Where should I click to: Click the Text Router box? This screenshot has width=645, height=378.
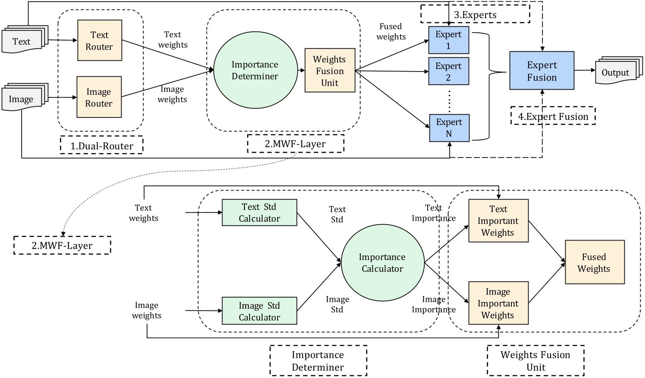[100, 41]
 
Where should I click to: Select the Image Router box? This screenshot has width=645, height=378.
[99, 97]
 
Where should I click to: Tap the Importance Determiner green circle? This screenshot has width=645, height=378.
[255, 70]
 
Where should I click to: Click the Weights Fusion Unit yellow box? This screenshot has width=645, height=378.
[330, 71]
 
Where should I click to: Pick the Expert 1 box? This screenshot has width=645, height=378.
[448, 40]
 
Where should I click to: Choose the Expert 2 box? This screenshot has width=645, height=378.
[448, 72]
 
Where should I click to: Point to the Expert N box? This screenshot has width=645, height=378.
[449, 128]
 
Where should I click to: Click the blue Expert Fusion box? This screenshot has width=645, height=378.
[542, 71]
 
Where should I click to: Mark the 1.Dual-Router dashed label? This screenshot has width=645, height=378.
[102, 146]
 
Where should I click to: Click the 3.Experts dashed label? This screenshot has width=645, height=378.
[475, 15]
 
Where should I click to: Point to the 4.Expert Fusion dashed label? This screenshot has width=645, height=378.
[553, 116]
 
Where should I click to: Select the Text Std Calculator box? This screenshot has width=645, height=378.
[259, 212]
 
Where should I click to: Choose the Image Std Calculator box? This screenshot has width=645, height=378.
[259, 311]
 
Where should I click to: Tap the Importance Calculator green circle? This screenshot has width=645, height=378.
[382, 263]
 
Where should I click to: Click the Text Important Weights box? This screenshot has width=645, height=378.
[498, 221]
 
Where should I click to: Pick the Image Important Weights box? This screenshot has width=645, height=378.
[498, 303]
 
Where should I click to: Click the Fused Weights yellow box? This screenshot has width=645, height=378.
[594, 262]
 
